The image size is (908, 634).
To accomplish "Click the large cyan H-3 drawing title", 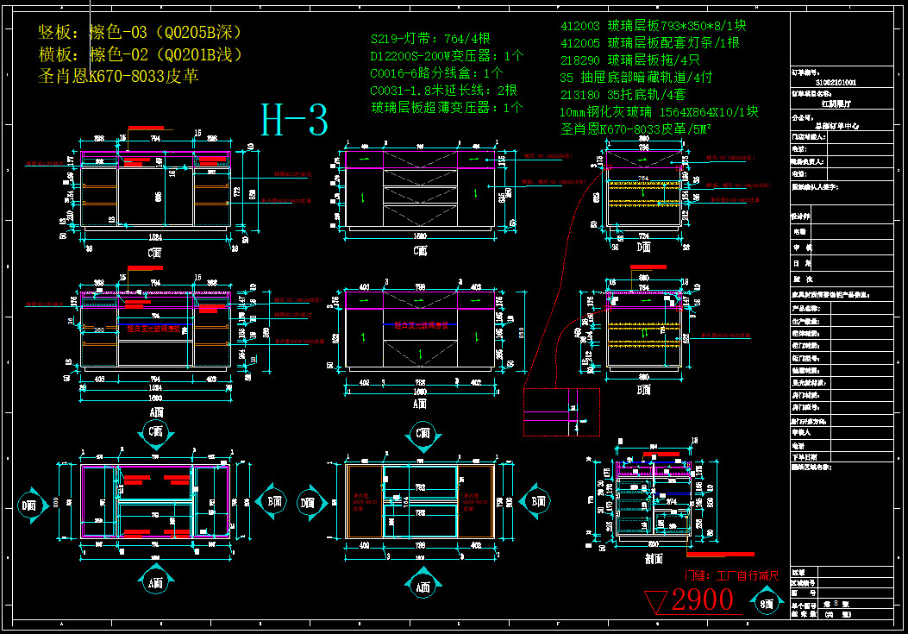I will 295,122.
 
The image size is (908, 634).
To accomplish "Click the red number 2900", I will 702,600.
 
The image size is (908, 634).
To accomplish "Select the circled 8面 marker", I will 766,604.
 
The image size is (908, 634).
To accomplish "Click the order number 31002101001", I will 835,83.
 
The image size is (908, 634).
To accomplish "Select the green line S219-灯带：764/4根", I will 430,39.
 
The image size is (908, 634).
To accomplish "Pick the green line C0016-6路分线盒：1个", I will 436,73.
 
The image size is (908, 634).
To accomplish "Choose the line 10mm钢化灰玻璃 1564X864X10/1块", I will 659,112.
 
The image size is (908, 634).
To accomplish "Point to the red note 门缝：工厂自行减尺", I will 732,575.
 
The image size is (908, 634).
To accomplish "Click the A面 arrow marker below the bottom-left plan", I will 155,583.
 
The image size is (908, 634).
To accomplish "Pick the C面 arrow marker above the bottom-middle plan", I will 423,434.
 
